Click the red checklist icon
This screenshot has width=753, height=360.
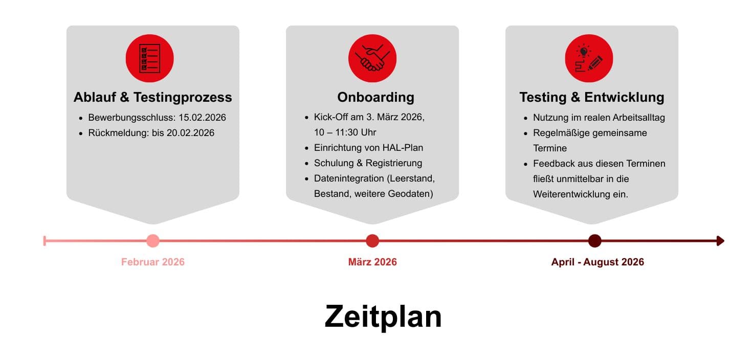[x=150, y=58]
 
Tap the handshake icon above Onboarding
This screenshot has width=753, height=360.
[x=372, y=58]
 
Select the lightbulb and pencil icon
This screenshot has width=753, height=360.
[x=589, y=58]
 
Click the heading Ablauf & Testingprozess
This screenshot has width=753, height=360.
[x=152, y=97]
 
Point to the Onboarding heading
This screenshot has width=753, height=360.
[x=375, y=97]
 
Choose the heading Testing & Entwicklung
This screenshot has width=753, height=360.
[x=592, y=97]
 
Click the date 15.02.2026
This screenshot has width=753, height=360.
[x=202, y=118]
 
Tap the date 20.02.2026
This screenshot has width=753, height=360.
[x=190, y=133]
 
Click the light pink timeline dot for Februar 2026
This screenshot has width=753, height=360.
[x=152, y=241]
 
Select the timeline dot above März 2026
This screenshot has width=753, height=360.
[x=372, y=241]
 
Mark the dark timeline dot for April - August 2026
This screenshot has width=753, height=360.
[x=594, y=241]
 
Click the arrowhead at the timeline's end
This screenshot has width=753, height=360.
[x=721, y=241]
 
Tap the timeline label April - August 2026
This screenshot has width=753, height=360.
[x=597, y=262]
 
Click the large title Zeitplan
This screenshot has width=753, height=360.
[x=383, y=317]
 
